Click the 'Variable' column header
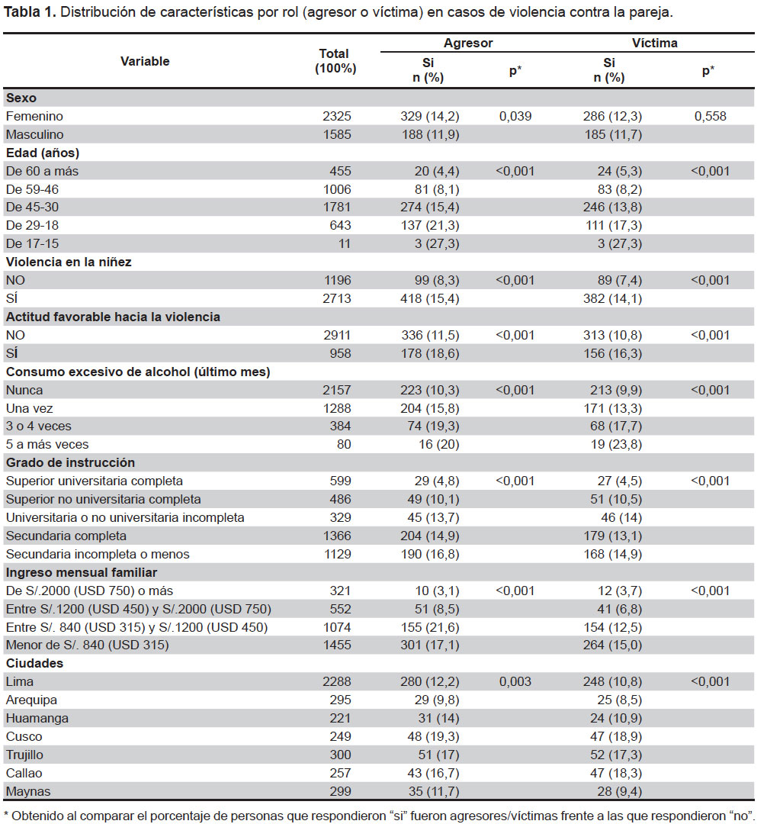[145, 62]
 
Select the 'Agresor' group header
[468, 43]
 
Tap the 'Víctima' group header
[654, 43]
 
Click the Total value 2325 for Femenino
[336, 116]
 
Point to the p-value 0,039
[515, 116]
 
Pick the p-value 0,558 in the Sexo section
[710, 116]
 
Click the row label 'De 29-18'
[32, 225]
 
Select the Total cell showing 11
[344, 244]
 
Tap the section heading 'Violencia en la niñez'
[69, 262]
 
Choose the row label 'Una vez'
[30, 408]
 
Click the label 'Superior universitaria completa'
[95, 481]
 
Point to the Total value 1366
[336, 536]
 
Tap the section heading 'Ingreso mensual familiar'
[82, 572]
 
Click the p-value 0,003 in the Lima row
[515, 681]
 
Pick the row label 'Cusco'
[24, 737]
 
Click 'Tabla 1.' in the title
[30, 12]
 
